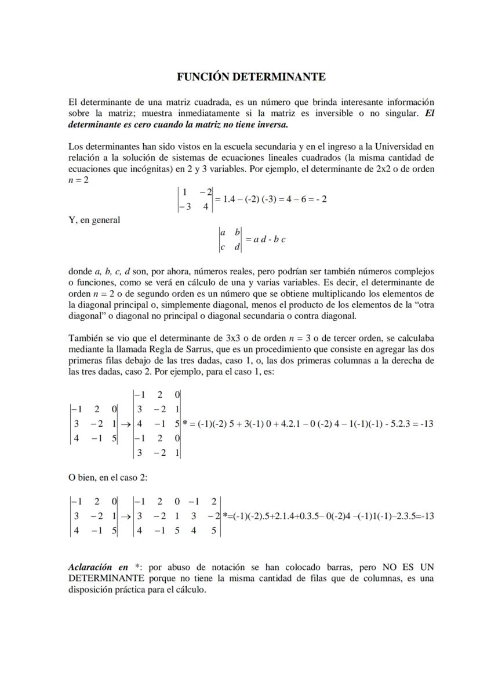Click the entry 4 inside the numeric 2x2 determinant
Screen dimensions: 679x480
coord(206,205)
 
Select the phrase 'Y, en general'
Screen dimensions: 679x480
coord(94,220)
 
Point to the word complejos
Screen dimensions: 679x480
coord(413,271)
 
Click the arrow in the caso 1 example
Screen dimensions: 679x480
coord(126,424)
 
